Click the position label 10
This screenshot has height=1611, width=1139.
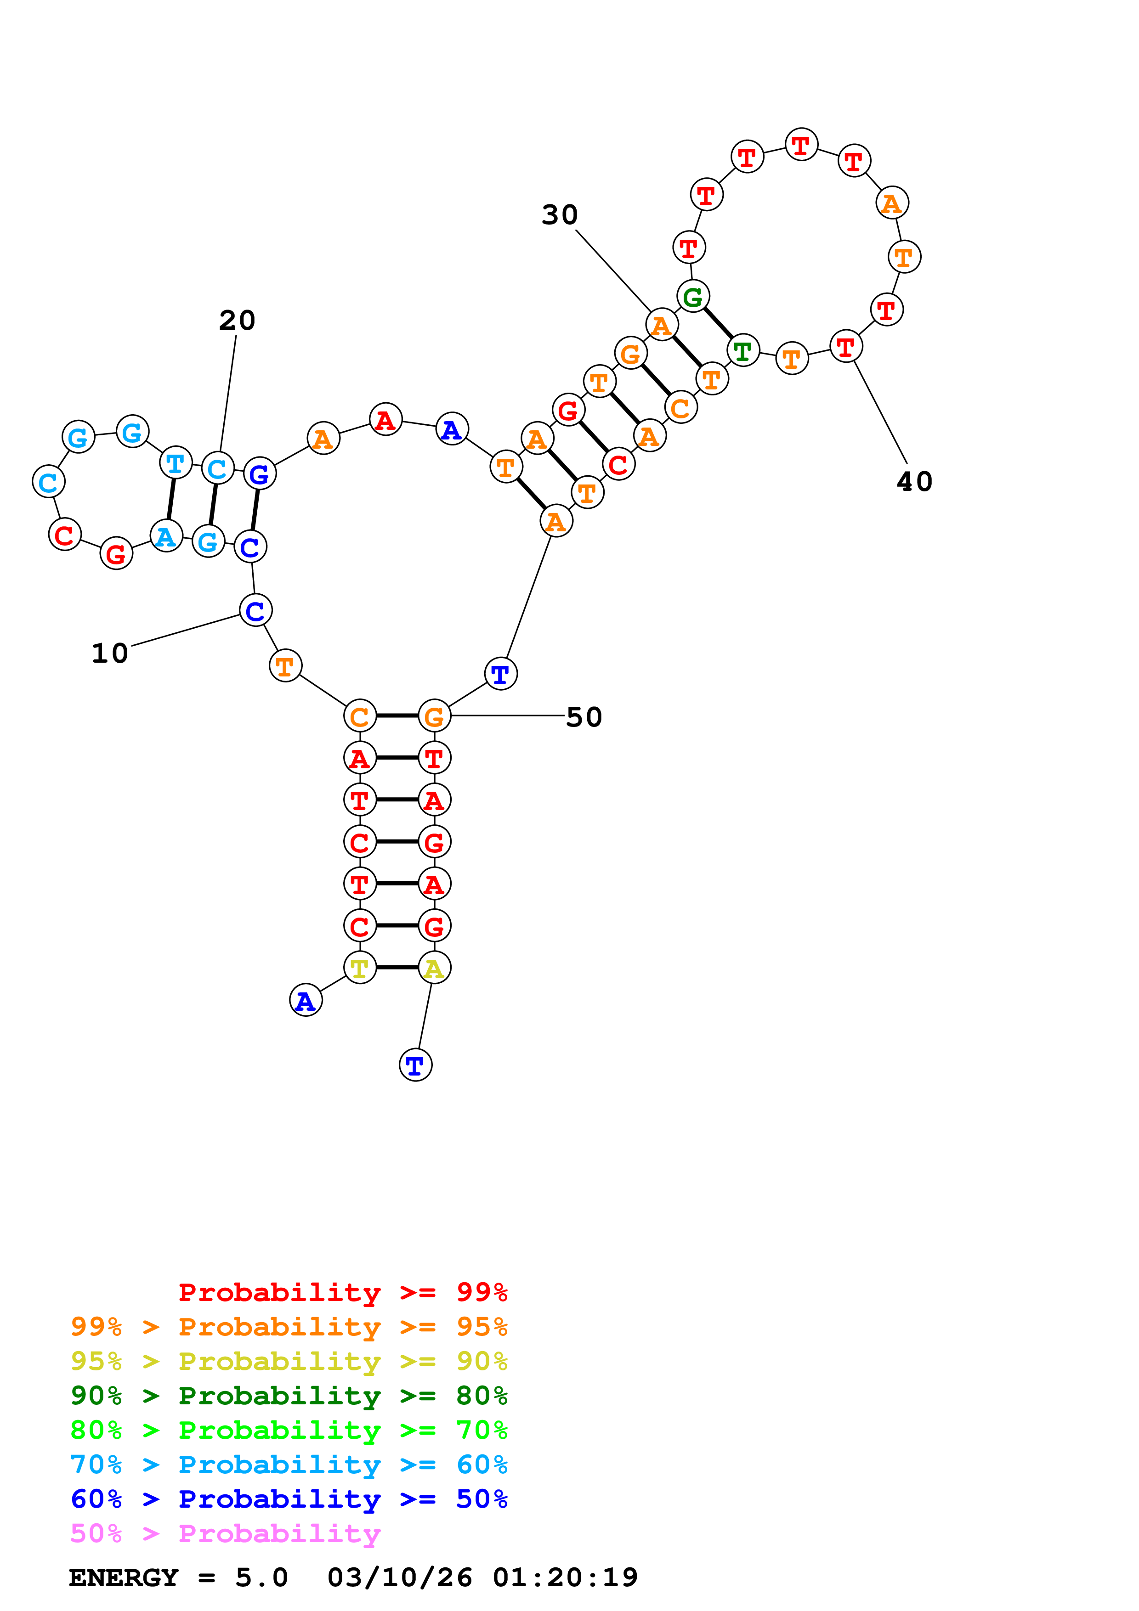(x=110, y=653)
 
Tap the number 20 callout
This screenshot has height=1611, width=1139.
(x=237, y=321)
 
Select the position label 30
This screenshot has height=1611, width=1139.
(x=559, y=215)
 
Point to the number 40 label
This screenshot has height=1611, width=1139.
(x=914, y=481)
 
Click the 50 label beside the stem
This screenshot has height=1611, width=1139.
(x=584, y=717)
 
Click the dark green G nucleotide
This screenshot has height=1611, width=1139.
(x=693, y=297)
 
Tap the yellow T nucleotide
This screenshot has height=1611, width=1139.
(x=359, y=968)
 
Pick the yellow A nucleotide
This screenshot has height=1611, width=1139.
(x=434, y=968)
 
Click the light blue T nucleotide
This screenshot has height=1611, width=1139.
(x=176, y=463)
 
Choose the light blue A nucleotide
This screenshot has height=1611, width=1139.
(x=165, y=537)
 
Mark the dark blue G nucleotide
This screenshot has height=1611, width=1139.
(x=259, y=474)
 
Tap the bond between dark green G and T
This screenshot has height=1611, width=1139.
(x=718, y=323)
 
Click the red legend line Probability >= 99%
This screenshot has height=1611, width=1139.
(x=342, y=1292)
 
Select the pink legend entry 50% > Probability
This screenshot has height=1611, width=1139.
(x=225, y=1534)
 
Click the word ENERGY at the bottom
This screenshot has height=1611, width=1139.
(x=124, y=1578)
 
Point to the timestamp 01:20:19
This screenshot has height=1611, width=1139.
(x=565, y=1578)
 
